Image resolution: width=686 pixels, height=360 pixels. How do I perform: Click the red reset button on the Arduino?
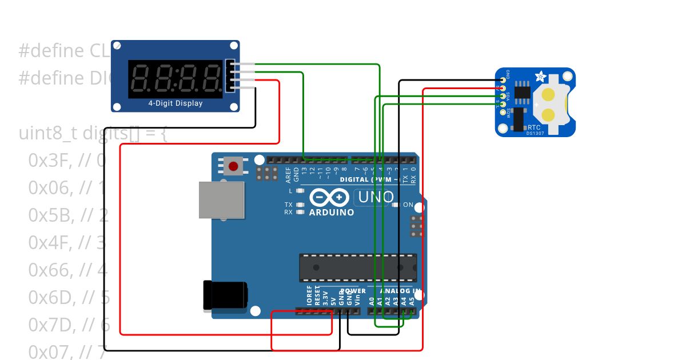pyautogui.click(x=233, y=166)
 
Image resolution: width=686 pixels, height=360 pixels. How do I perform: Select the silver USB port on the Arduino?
pyautogui.click(x=222, y=200)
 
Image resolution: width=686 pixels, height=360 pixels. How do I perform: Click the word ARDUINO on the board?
pyautogui.click(x=331, y=212)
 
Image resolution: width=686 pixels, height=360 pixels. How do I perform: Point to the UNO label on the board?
pyautogui.click(x=376, y=198)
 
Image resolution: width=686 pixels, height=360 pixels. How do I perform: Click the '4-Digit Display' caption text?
pyautogui.click(x=176, y=103)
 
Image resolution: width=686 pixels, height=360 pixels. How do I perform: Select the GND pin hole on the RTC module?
pyautogui.click(x=503, y=79)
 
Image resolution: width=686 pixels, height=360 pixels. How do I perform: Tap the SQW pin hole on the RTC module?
pyautogui.click(x=503, y=111)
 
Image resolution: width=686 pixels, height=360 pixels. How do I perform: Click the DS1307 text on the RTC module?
pyautogui.click(x=536, y=133)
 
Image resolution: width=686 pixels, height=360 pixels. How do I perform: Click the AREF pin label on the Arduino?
pyautogui.click(x=288, y=174)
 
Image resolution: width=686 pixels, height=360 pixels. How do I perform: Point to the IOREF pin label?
pyautogui.click(x=309, y=296)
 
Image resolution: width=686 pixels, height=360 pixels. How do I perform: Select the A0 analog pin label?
pyautogui.click(x=372, y=299)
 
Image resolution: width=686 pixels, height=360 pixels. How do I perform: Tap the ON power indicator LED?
pyautogui.click(x=396, y=205)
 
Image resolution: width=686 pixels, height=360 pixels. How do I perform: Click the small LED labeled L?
pyautogui.click(x=300, y=191)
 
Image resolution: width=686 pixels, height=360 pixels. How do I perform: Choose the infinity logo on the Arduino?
pyautogui.click(x=329, y=198)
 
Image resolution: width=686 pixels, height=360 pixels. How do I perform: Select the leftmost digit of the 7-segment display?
pyautogui.click(x=141, y=78)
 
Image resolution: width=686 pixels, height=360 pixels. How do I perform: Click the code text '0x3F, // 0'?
pyautogui.click(x=66, y=161)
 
